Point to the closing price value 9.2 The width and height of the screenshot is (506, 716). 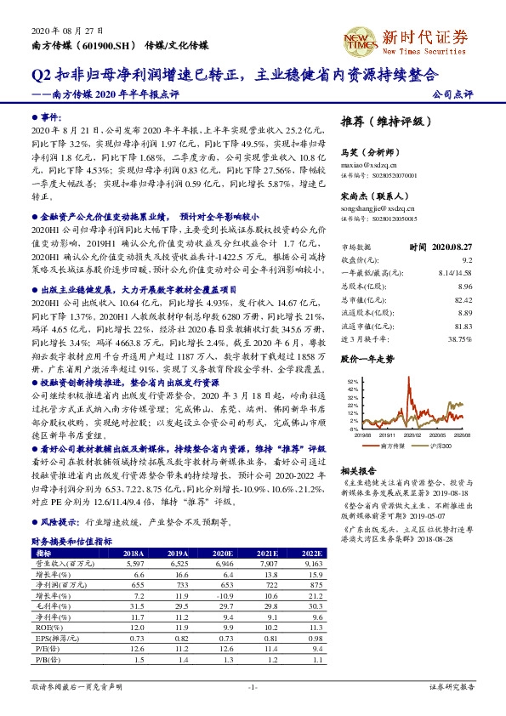click(467, 259)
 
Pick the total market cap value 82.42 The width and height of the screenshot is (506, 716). click(463, 300)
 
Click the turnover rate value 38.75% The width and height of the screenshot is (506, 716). click(459, 338)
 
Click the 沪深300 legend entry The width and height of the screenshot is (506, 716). click(440, 446)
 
